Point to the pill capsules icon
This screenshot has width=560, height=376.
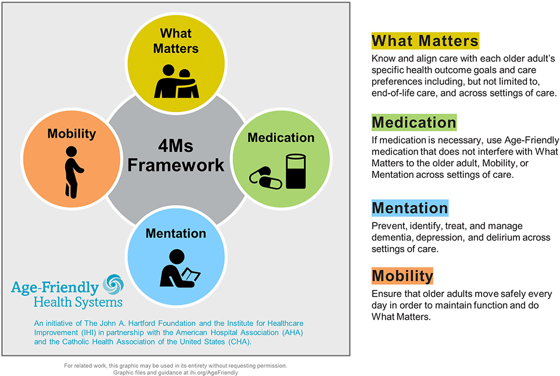click(x=265, y=178)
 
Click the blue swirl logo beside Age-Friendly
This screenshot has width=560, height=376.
click(x=113, y=285)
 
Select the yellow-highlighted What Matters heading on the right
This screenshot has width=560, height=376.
click(x=425, y=41)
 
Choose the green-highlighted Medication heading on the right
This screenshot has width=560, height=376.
click(x=414, y=123)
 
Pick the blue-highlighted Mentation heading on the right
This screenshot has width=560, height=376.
click(x=410, y=208)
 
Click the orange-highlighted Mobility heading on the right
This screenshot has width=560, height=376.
click(x=402, y=275)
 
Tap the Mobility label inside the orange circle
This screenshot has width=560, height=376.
click(x=72, y=134)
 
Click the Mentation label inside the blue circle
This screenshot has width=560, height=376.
click(x=176, y=233)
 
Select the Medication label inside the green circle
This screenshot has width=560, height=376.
click(x=281, y=138)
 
